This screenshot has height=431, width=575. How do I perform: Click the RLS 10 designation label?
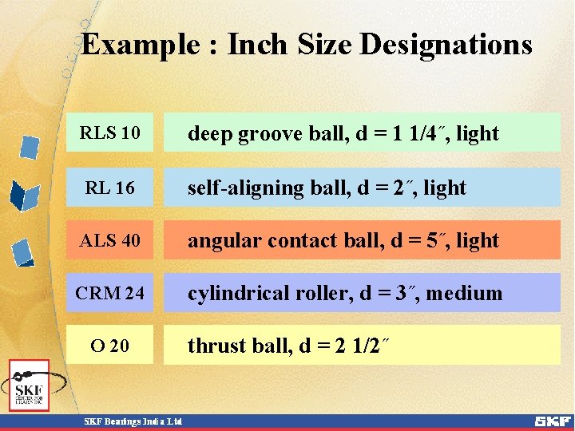click(109, 132)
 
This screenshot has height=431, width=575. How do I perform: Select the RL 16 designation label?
click(109, 188)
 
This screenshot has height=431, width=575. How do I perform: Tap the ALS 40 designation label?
click(109, 240)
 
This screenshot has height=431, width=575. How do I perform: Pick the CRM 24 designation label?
click(109, 293)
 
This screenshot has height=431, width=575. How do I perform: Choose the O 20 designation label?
click(109, 346)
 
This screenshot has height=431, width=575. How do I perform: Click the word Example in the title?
click(139, 45)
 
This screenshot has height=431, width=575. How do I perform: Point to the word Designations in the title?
click(446, 44)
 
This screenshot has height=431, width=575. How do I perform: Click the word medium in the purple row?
click(464, 294)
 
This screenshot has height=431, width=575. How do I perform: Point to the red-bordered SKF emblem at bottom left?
click(29, 386)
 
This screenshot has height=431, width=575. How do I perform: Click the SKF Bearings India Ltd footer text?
click(134, 421)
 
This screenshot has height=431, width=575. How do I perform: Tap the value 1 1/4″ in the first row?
click(417, 133)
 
